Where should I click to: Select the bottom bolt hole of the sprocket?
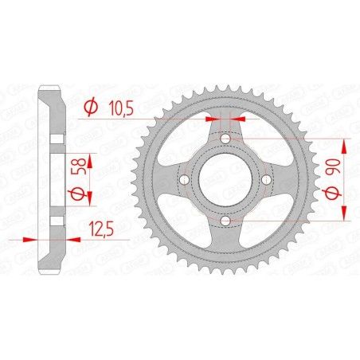pyautogui.click(x=225, y=221)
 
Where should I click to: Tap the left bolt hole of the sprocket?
pyautogui.click(x=185, y=180)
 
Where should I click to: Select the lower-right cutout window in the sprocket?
pyautogui.click(x=260, y=214)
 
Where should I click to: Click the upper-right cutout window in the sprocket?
pyautogui.click(x=260, y=146)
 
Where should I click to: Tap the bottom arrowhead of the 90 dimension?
pyautogui.click(x=345, y=215)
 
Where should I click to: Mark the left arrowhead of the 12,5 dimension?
pyautogui.click(x=34, y=238)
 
